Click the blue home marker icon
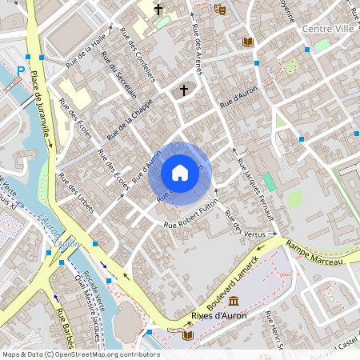pos(179,173)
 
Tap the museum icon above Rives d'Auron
pos(234,301)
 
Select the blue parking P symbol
pos(21,71)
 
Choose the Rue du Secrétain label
pos(118,78)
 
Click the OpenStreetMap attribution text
pos(80,354)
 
